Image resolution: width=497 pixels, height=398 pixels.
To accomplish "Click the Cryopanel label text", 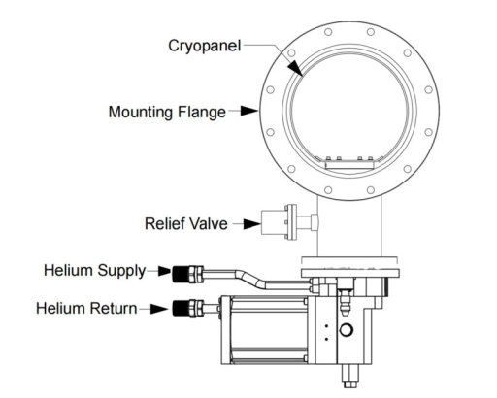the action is click(205, 46).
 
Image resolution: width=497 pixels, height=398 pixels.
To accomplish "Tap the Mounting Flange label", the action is click(167, 112).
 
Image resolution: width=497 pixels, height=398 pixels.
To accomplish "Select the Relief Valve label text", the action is click(186, 223).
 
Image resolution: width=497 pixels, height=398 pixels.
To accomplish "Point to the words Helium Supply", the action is click(95, 271).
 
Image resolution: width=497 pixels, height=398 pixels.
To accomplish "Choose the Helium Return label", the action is click(86, 308).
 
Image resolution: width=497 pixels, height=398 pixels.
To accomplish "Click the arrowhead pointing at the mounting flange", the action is click(249, 111).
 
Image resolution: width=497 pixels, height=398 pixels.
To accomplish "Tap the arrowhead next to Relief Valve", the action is click(252, 223).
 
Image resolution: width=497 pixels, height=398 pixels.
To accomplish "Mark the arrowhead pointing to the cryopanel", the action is click(295, 67).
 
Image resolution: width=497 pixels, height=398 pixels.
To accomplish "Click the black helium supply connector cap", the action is click(181, 274).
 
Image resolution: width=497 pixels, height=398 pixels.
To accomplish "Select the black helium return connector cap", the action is click(181, 309).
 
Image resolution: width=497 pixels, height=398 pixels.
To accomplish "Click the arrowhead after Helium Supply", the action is click(165, 271).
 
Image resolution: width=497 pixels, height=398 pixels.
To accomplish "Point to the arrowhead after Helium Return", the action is click(158, 309).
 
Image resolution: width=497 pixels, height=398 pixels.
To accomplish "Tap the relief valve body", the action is click(273, 222).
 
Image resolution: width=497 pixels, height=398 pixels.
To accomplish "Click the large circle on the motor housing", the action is click(346, 330).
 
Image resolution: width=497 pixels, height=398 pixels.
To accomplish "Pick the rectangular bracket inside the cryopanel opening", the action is click(349, 165).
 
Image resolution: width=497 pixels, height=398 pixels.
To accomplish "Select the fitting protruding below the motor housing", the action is click(349, 376).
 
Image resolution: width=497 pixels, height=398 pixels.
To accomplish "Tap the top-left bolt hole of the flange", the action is click(291, 52).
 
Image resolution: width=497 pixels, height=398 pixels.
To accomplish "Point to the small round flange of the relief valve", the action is click(290, 222).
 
